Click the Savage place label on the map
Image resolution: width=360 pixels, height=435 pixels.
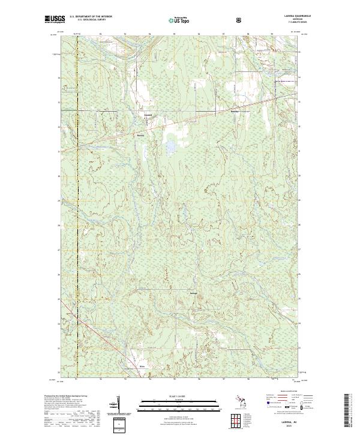(193, 293)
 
